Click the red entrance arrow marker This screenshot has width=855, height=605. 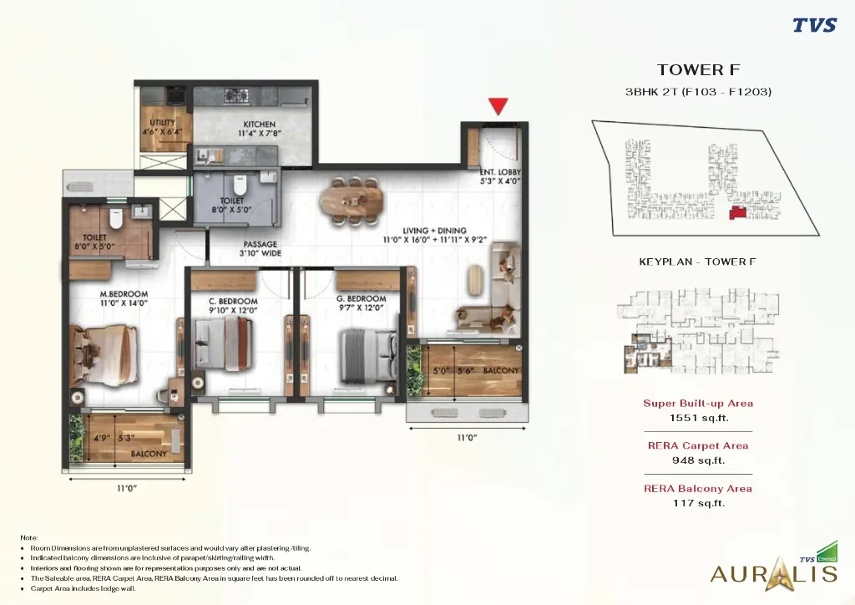click(x=498, y=106)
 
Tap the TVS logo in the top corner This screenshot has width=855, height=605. click(x=814, y=25)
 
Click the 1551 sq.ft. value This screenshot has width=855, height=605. click(x=697, y=417)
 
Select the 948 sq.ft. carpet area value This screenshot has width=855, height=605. click(x=698, y=460)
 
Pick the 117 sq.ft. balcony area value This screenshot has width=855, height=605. click(x=698, y=502)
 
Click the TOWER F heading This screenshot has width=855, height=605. click(x=698, y=70)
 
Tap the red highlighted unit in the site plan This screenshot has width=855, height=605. click(x=737, y=214)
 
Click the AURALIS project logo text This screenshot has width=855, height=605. click(x=772, y=573)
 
